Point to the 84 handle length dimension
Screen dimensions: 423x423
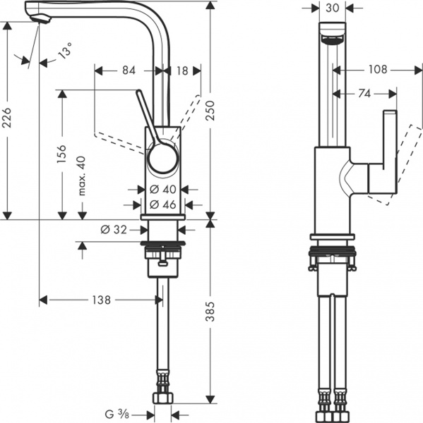[x=129, y=70]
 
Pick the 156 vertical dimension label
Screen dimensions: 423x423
[x=62, y=153]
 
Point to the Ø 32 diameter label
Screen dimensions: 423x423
[x=114, y=229]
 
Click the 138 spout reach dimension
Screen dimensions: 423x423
[x=101, y=300]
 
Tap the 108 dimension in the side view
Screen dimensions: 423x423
[x=379, y=70]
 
